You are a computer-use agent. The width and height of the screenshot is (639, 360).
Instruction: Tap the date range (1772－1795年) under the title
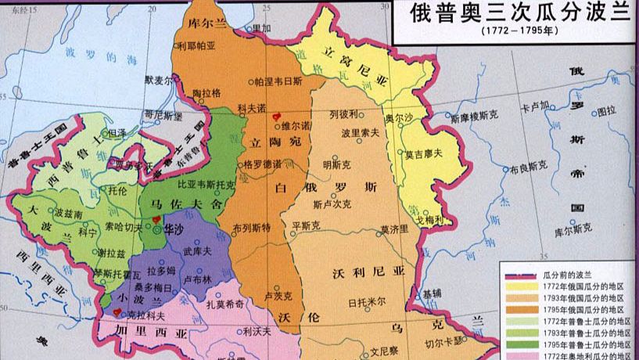point(513,36)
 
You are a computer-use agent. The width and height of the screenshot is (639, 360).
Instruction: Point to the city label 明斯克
point(336,165)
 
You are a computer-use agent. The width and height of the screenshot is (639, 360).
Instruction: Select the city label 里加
point(260,28)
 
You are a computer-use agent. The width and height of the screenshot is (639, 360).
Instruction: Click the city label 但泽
point(117,133)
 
